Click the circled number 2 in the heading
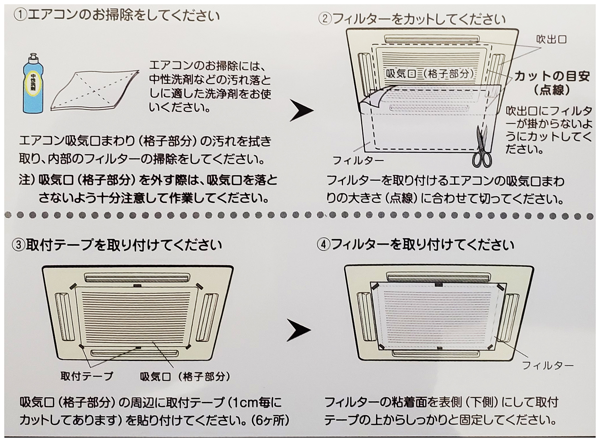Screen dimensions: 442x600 tap(325, 20)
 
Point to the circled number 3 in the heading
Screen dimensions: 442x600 tap(18, 245)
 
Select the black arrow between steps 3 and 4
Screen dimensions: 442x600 tap(299, 330)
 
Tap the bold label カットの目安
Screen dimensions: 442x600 tap(552, 76)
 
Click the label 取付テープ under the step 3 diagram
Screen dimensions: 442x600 tap(86, 376)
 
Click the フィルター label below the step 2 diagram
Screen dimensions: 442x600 tap(358, 160)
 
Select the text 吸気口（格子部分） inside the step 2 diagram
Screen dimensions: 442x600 tap(430, 74)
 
